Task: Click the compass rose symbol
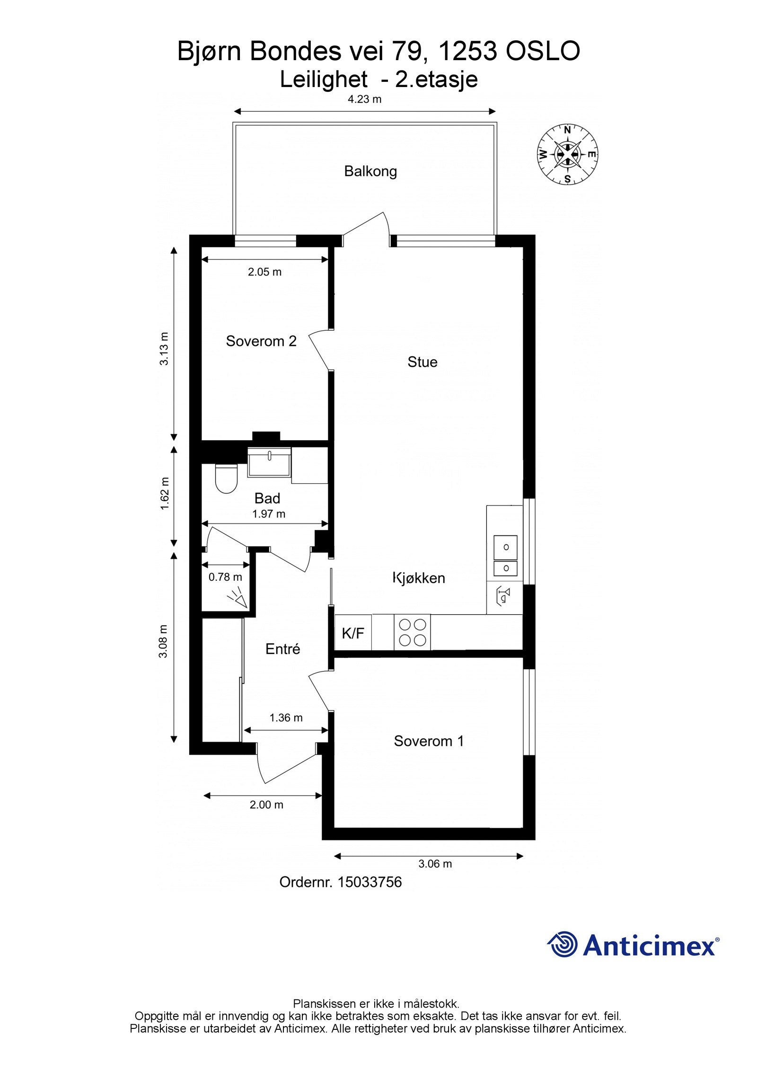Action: (x=567, y=154)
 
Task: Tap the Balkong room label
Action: (x=370, y=171)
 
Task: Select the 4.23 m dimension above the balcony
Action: (x=364, y=99)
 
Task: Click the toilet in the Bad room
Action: (x=226, y=478)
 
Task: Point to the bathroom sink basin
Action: (x=269, y=462)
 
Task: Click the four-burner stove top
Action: (x=412, y=632)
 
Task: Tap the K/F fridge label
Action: (x=353, y=633)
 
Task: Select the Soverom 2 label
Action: (x=261, y=341)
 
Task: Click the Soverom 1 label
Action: (x=428, y=741)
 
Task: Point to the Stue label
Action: (x=422, y=362)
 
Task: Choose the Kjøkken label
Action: (x=419, y=578)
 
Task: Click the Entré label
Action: (x=282, y=649)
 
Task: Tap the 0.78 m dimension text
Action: (x=225, y=577)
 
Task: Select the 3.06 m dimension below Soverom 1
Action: (x=435, y=864)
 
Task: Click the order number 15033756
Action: (x=369, y=882)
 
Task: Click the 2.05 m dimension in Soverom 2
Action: (x=264, y=272)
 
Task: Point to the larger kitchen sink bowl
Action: (x=505, y=547)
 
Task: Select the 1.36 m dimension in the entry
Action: (x=286, y=717)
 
